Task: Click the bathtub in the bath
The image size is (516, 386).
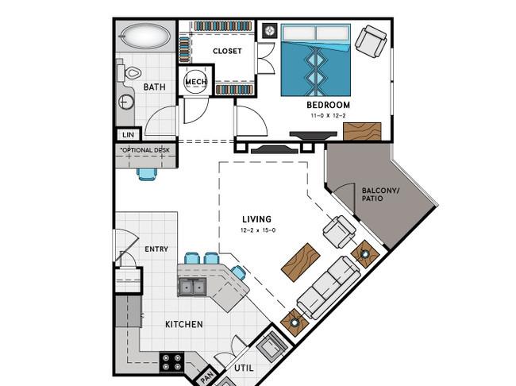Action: tap(146, 36)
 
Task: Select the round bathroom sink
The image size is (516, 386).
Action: tap(126, 102)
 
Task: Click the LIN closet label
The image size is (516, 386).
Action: tap(128, 135)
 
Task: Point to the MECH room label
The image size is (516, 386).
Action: tap(196, 82)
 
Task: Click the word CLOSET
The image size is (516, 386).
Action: tap(227, 51)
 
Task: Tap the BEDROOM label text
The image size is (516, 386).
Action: tap(328, 105)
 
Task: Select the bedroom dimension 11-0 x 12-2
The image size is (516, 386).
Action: tap(328, 116)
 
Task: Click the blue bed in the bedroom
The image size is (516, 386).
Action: tap(316, 60)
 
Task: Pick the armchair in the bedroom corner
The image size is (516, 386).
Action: tap(371, 41)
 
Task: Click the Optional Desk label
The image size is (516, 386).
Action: tap(145, 150)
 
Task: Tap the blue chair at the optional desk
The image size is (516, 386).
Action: tap(147, 174)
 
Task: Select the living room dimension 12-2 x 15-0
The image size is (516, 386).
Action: tap(258, 230)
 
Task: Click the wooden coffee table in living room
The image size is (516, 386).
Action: tap(301, 262)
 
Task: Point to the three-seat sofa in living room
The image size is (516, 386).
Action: tap(329, 288)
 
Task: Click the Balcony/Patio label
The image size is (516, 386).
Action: tap(380, 195)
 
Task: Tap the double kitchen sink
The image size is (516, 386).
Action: tap(192, 287)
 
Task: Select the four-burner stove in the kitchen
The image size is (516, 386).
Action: tap(171, 362)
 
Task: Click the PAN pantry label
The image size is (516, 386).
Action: tap(207, 376)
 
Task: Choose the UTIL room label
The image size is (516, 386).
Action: tap(244, 368)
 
